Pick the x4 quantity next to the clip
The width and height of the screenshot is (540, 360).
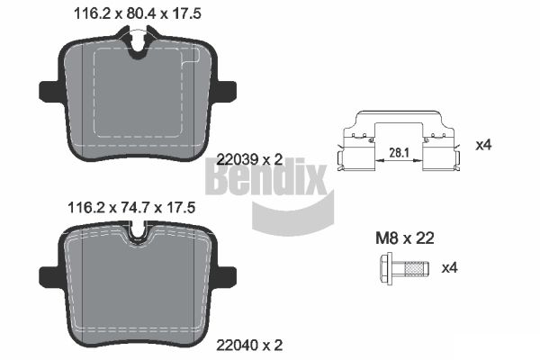(x=483, y=144)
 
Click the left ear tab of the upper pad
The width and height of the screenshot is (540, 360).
(x=49, y=92)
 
